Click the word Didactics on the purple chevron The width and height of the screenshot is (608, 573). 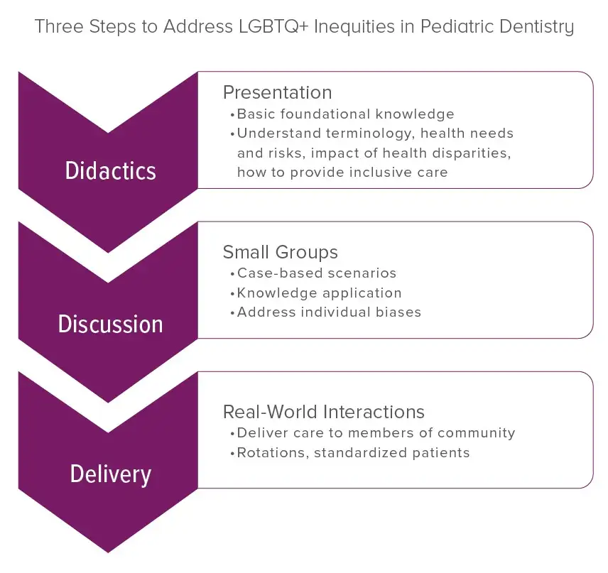(x=110, y=171)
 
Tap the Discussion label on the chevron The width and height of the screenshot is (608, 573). (x=110, y=324)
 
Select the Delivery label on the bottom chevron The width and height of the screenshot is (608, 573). (x=110, y=474)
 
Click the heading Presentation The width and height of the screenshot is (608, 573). (x=277, y=92)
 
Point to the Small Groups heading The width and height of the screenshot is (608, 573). (x=280, y=252)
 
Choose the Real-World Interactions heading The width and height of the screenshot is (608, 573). (x=323, y=412)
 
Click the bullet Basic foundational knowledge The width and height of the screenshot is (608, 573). (x=345, y=114)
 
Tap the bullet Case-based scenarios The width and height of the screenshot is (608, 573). (x=316, y=273)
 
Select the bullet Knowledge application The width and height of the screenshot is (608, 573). (x=319, y=293)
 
